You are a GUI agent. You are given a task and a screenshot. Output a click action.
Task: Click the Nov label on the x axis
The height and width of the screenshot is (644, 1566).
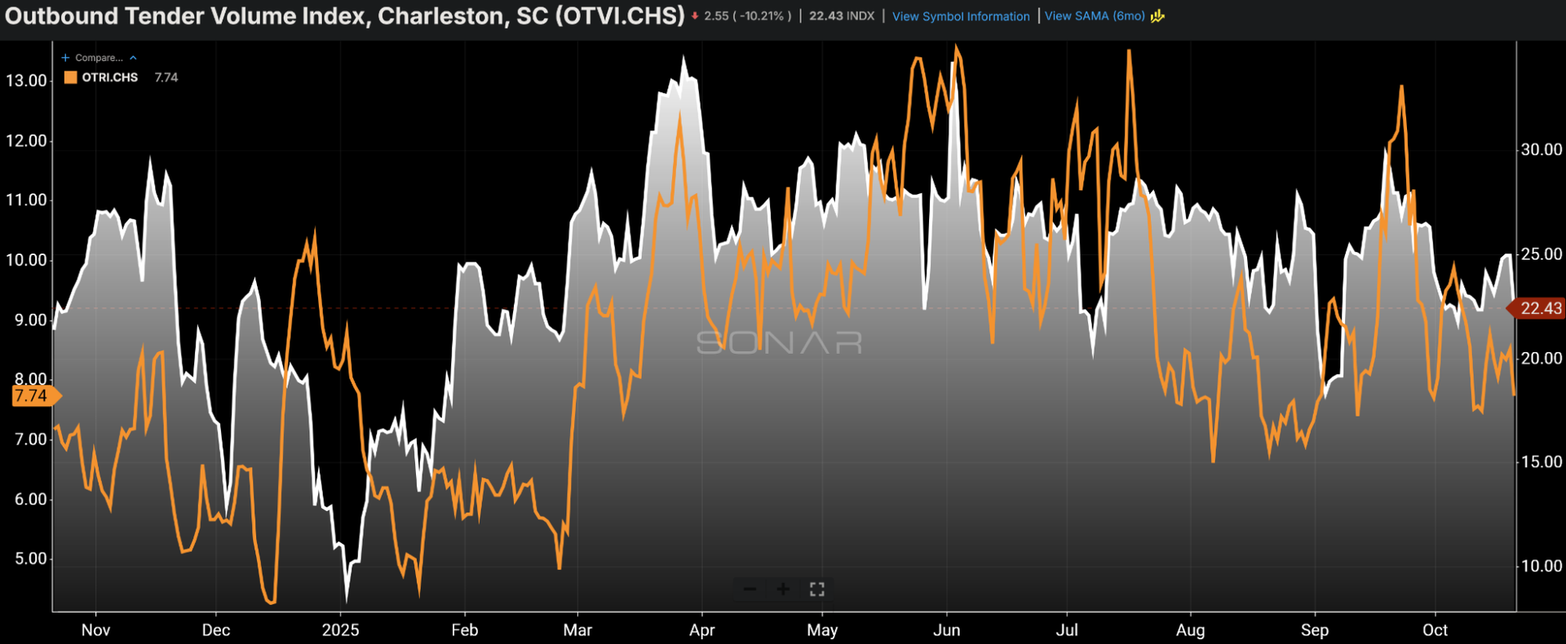(x=95, y=630)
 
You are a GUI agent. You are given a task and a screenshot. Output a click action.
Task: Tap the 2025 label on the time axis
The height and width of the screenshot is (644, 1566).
(x=340, y=630)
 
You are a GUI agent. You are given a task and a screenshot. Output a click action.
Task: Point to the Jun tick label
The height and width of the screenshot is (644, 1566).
(x=946, y=630)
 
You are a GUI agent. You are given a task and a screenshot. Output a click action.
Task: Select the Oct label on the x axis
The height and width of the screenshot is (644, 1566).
(x=1435, y=630)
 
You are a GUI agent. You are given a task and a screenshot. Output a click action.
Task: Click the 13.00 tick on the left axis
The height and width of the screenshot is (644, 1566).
(x=26, y=81)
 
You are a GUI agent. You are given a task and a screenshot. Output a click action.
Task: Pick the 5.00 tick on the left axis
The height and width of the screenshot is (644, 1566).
(x=30, y=559)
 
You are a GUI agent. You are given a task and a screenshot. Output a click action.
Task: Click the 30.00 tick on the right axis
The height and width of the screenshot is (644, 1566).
(x=1541, y=149)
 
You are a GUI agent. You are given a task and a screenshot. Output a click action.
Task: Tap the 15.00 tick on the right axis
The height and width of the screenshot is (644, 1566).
(x=1541, y=461)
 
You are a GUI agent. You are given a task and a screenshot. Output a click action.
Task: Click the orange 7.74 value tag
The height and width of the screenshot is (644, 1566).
(x=33, y=396)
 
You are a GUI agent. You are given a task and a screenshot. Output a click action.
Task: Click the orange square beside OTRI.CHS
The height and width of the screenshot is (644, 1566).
(x=71, y=77)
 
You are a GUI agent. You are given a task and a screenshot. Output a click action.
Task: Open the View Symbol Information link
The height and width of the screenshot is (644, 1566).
(x=961, y=16)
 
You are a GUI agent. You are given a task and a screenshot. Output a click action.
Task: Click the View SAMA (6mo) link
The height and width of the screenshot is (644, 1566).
(x=1095, y=16)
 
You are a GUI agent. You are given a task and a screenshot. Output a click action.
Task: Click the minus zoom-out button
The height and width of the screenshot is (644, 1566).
(x=750, y=589)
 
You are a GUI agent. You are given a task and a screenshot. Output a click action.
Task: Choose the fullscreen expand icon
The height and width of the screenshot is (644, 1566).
(x=816, y=589)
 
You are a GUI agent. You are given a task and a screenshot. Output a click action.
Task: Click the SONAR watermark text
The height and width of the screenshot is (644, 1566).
(x=779, y=342)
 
